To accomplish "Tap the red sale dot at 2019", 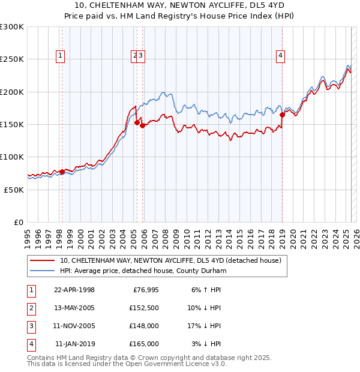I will tap(282, 114).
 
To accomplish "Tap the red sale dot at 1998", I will tap(62, 172).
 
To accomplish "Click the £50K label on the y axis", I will tap(14, 190).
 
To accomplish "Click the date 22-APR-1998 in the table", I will tap(74, 290).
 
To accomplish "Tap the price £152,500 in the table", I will tap(144, 308).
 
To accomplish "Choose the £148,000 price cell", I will tap(144, 326).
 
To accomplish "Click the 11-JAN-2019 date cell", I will tap(74, 344).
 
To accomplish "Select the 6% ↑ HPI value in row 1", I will tap(205, 290).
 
